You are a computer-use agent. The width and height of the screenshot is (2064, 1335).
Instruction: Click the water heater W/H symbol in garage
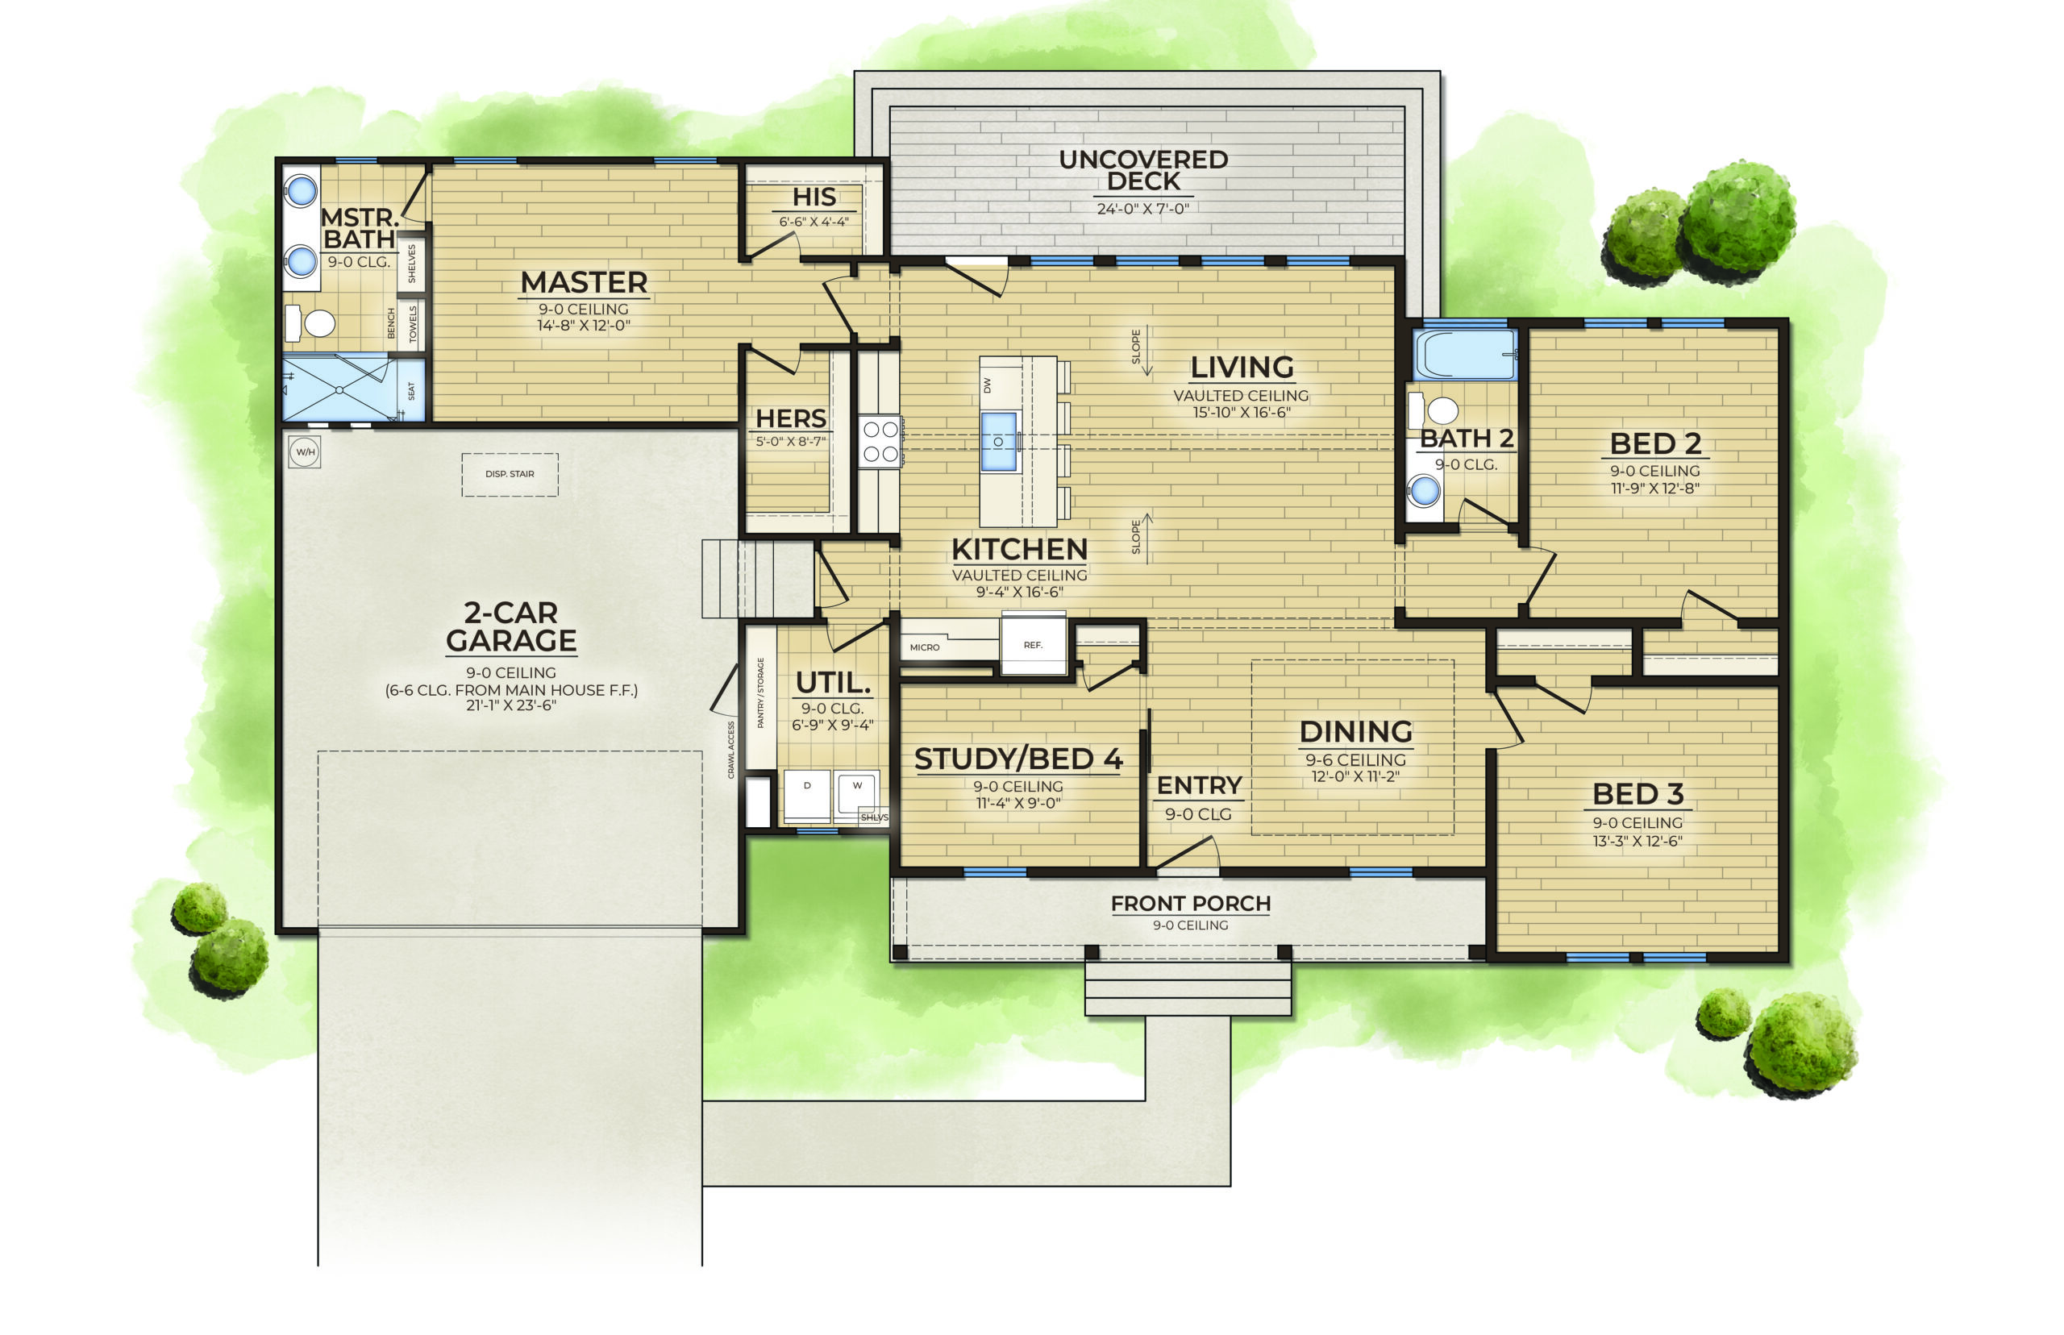tap(304, 451)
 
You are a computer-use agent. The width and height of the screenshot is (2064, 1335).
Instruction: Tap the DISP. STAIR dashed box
tap(510, 475)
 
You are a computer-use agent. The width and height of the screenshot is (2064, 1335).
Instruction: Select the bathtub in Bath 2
tap(1464, 356)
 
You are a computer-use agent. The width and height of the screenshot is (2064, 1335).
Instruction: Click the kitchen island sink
tap(998, 441)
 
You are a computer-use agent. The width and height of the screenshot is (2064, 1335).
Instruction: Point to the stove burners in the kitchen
tap(880, 441)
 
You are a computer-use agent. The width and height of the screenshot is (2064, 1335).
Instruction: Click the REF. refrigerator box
tap(1033, 645)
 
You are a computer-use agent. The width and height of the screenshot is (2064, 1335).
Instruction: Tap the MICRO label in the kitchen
tap(924, 647)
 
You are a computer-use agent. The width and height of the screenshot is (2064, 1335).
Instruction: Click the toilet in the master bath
tap(310, 322)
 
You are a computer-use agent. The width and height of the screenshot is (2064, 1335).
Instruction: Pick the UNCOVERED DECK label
tap(1142, 171)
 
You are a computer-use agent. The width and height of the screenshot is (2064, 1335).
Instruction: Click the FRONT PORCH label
tap(1190, 903)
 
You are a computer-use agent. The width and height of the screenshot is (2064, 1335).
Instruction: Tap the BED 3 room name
tap(1637, 794)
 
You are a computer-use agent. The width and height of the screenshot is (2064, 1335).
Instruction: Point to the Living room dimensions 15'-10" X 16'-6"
tap(1242, 413)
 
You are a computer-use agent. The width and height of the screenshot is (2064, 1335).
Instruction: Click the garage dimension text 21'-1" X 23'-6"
tap(510, 705)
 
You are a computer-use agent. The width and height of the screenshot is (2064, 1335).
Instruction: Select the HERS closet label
tap(791, 418)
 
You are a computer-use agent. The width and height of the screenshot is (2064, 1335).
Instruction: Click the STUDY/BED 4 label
tap(1018, 759)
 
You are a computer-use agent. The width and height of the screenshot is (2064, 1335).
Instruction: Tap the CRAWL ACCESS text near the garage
tap(730, 750)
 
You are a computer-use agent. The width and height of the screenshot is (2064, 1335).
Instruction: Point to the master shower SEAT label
tap(411, 391)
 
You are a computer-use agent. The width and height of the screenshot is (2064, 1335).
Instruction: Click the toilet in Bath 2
tap(1434, 410)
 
